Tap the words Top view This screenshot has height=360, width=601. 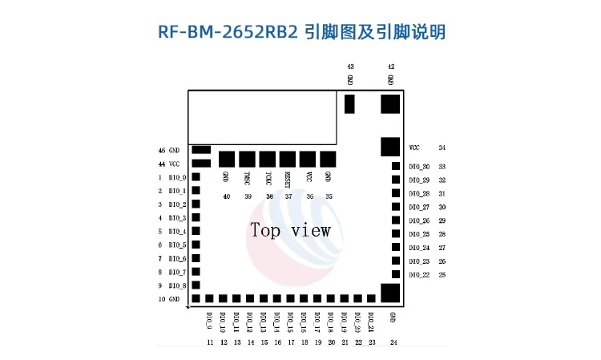coord(290,231)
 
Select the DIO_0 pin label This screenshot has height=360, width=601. coord(177,177)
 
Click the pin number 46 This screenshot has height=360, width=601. coord(161,150)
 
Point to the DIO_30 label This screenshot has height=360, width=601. coord(419,167)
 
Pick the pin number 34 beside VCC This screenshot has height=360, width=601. coord(442,148)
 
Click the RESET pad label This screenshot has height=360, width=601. coord(288,179)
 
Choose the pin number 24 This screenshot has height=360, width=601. coord(393,342)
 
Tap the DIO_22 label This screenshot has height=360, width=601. coord(419,275)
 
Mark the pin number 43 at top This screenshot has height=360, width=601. coord(350,67)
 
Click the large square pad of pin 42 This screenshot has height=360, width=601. coord(390,103)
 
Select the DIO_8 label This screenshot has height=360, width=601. coord(177,285)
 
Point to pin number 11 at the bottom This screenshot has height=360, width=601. coord(210,342)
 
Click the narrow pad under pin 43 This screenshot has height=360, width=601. coord(349,103)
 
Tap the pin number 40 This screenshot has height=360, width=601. coord(227,196)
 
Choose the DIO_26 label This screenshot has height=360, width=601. coord(419,220)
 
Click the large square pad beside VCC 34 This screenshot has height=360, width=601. coord(390,146)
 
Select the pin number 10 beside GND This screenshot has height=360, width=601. coord(161,299)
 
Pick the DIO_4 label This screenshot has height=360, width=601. coord(177,232)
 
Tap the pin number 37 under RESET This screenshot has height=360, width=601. coord(288,196)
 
